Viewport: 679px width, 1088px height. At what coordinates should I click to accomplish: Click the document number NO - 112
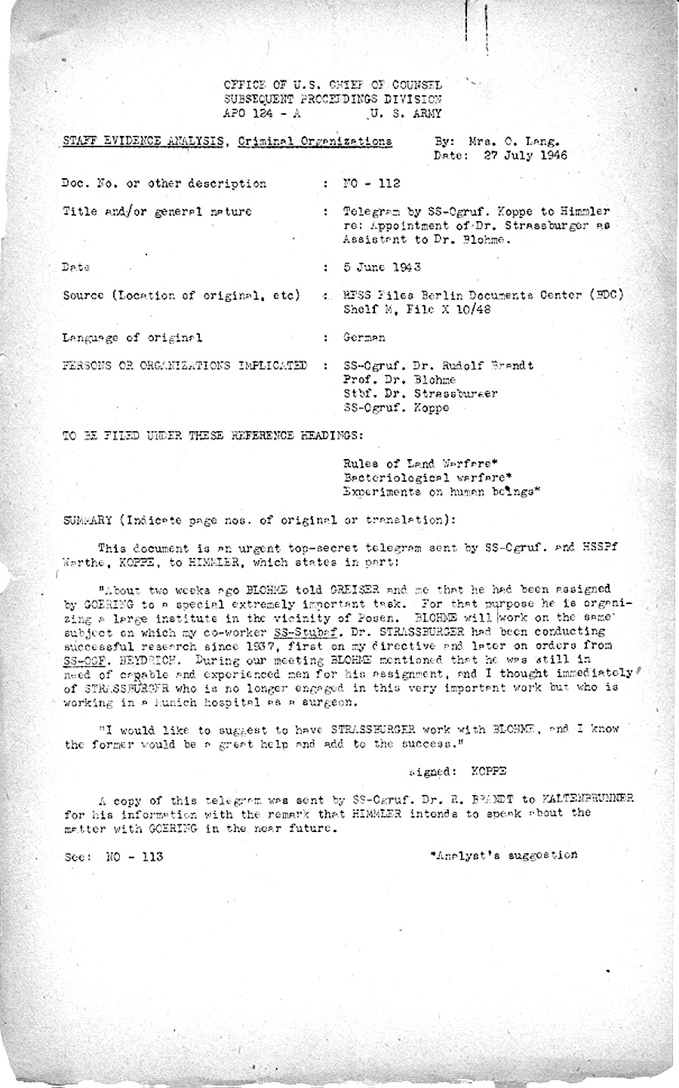point(371,183)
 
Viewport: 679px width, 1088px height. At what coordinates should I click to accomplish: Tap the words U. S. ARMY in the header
point(406,114)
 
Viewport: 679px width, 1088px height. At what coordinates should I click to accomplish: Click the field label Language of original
point(132,337)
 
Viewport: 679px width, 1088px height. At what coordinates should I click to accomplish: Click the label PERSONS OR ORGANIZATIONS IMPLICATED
point(184,365)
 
